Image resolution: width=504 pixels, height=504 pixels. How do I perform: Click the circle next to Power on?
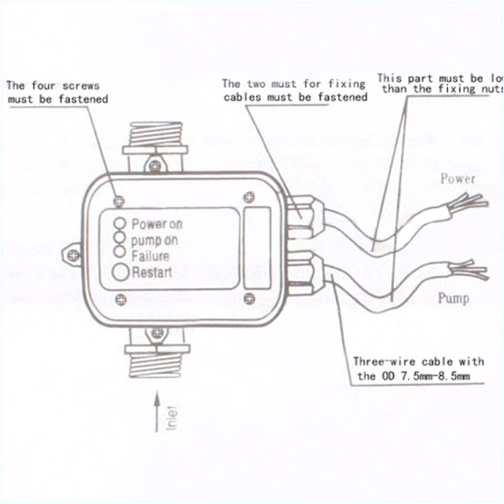[123, 223]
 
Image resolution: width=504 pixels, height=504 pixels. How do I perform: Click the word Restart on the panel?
[152, 273]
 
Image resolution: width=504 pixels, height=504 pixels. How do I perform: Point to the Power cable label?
[457, 179]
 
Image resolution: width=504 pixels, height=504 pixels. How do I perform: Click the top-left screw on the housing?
[119, 195]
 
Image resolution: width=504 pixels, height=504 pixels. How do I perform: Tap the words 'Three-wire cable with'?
[419, 361]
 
